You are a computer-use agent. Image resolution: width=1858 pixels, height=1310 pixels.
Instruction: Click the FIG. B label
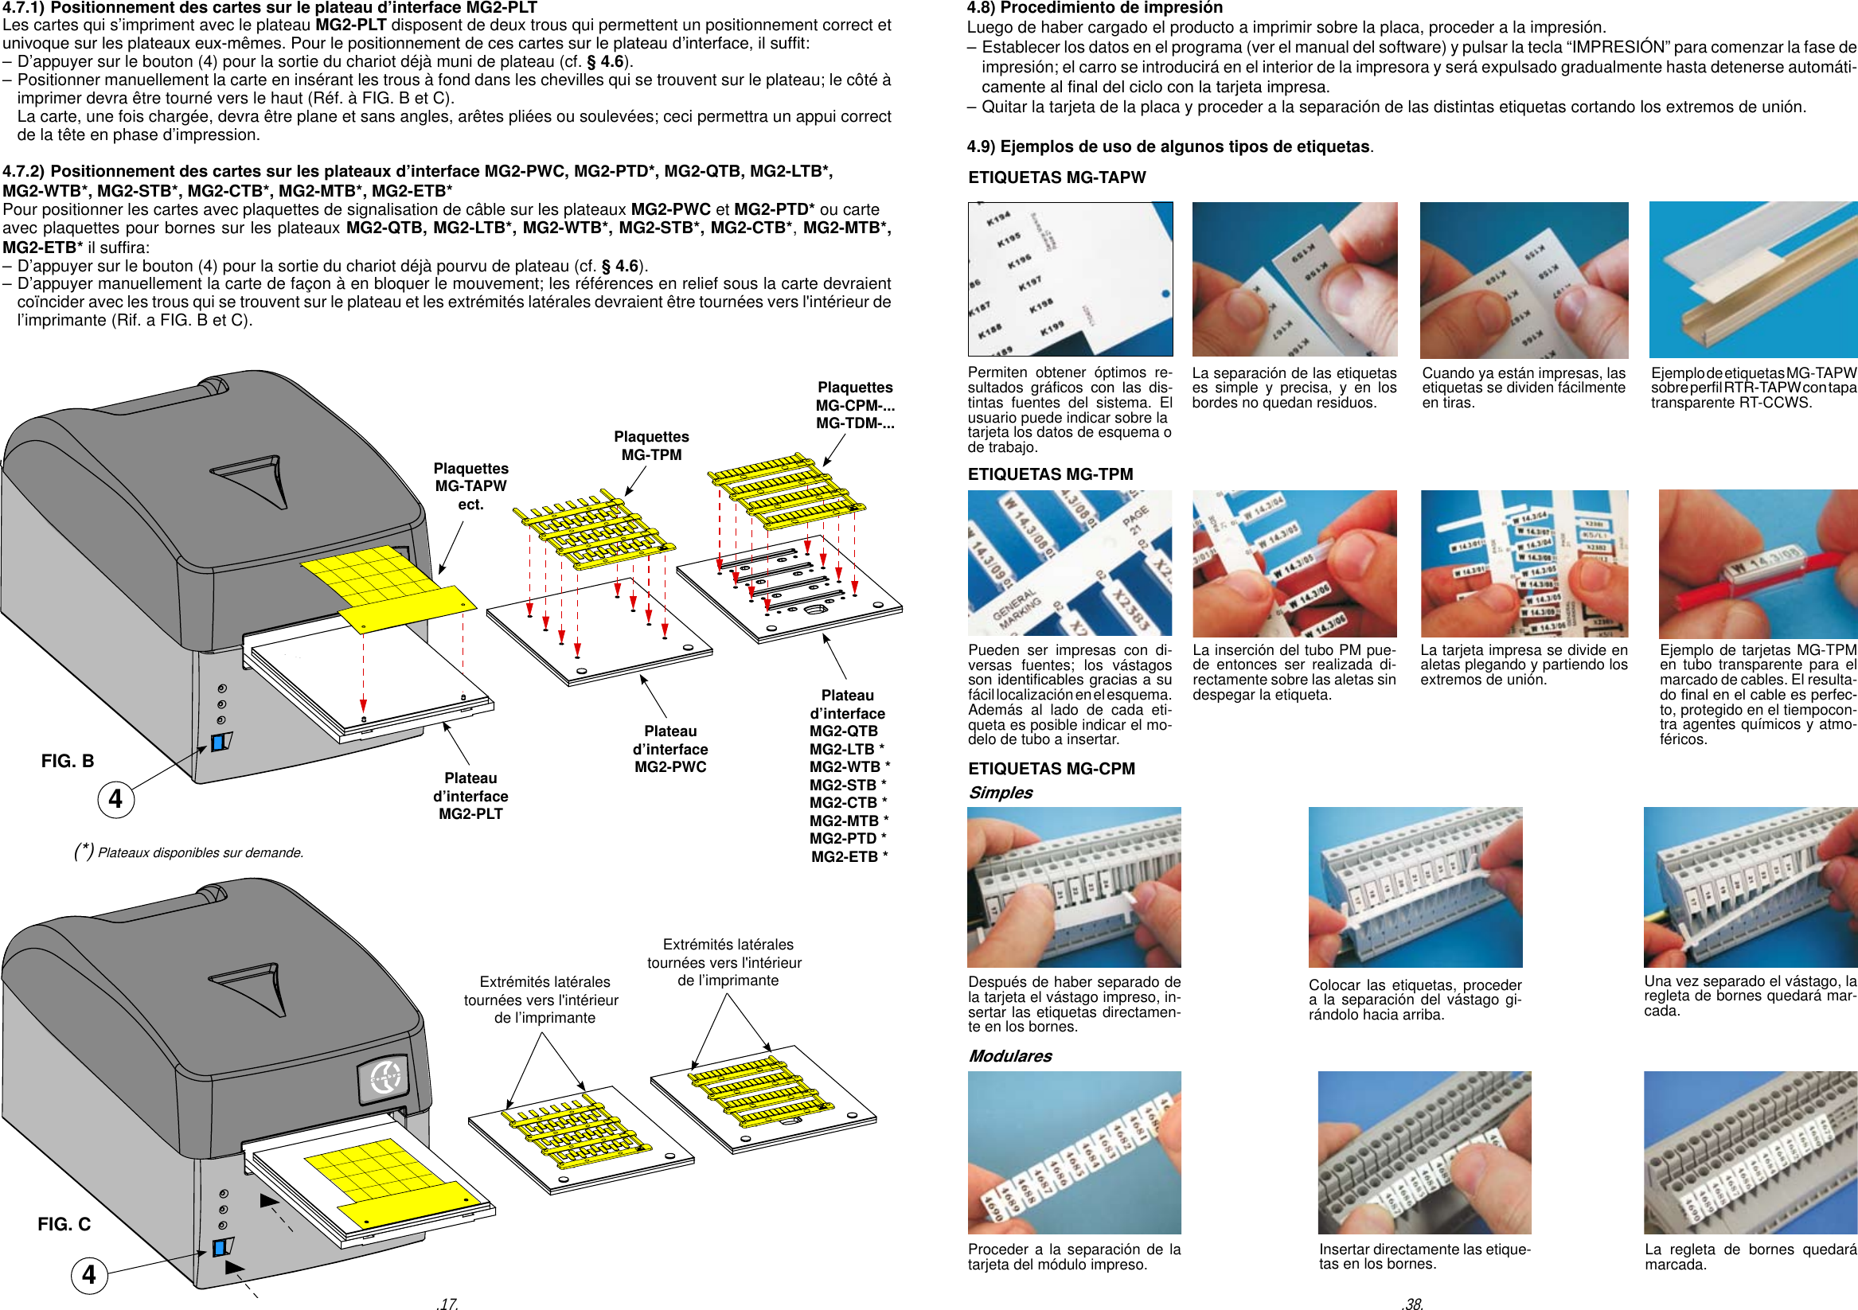[67, 761]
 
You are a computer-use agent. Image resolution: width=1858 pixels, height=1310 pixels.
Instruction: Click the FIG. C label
[64, 1223]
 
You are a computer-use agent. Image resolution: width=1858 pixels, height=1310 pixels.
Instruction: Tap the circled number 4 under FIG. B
[115, 798]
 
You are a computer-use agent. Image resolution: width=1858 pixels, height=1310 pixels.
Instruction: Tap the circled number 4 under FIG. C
[89, 1274]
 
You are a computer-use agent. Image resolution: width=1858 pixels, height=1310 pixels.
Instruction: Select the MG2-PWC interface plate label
[670, 748]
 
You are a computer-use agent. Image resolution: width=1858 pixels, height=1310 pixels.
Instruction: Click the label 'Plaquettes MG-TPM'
[650, 446]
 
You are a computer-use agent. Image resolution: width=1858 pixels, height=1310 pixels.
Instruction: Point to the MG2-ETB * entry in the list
[848, 856]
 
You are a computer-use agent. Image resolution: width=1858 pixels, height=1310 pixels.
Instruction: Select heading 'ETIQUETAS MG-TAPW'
[1056, 177]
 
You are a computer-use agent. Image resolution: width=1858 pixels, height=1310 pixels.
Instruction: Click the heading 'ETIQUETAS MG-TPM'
[1049, 474]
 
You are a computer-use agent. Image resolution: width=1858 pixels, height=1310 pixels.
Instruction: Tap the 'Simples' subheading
[1000, 792]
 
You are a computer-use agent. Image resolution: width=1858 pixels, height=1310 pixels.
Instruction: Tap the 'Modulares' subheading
[1010, 1055]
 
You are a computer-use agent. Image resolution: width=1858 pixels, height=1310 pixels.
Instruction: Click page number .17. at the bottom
[447, 1303]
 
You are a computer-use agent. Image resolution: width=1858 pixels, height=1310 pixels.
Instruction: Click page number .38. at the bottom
[1412, 1303]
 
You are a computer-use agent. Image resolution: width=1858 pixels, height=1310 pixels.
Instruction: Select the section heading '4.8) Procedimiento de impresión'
[1094, 8]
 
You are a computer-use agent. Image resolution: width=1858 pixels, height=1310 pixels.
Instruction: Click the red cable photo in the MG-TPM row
[1757, 563]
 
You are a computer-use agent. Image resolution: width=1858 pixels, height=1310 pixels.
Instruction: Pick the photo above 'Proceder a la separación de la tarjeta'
[1074, 1152]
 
